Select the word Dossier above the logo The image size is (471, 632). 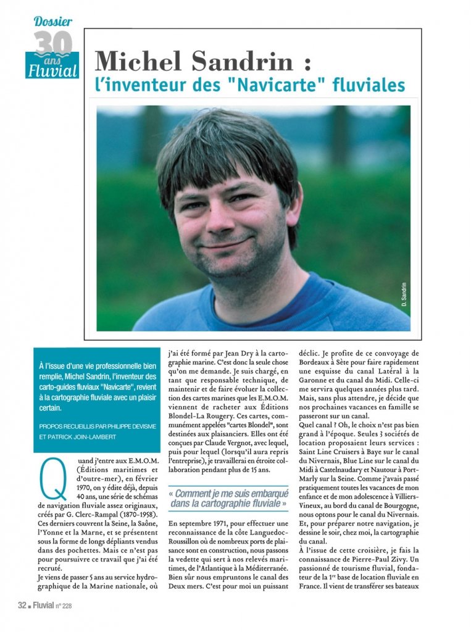coord(53,22)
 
